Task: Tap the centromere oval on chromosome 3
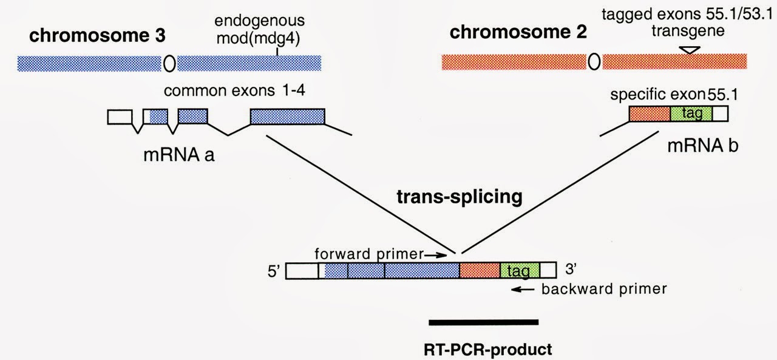pos(169,63)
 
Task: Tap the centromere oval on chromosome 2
pos(595,61)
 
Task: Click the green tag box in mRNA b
pos(691,114)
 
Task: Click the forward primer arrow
pos(435,255)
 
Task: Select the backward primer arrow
pos(522,290)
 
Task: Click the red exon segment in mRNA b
pos(650,114)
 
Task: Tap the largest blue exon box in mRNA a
pos(287,116)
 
